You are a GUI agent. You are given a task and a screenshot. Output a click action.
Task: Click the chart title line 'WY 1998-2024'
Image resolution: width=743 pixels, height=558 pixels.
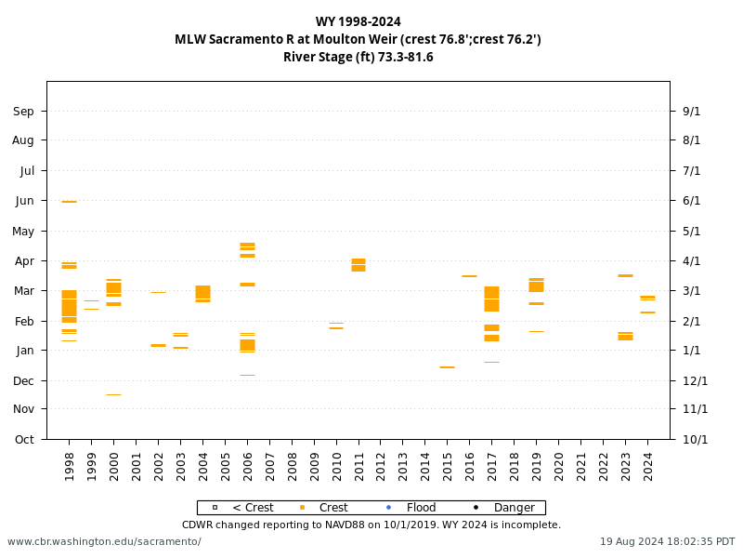pyautogui.click(x=358, y=21)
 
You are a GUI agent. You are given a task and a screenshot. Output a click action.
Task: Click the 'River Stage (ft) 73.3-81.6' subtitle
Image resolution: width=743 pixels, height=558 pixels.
pyautogui.click(x=358, y=57)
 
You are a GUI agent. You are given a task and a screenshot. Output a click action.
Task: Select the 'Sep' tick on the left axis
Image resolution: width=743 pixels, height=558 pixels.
pyautogui.click(x=24, y=112)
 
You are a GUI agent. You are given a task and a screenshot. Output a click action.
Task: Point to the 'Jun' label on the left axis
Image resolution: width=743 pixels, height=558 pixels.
pyautogui.click(x=24, y=201)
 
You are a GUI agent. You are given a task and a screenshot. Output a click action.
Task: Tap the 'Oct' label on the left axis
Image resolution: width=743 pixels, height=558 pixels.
pyautogui.click(x=24, y=439)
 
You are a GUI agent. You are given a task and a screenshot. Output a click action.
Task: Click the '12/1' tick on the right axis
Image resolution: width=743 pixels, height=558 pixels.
pyautogui.click(x=695, y=380)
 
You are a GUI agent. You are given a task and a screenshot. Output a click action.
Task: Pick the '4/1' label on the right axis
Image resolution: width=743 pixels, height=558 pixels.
pyautogui.click(x=692, y=261)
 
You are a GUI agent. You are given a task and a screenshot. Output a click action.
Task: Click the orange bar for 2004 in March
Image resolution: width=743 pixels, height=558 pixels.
pyautogui.click(x=202, y=293)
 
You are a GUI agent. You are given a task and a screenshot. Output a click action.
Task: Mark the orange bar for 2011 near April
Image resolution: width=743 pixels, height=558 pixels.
pyautogui.click(x=358, y=265)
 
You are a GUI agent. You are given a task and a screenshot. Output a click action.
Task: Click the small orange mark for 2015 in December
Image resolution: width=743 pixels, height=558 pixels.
pyautogui.click(x=447, y=367)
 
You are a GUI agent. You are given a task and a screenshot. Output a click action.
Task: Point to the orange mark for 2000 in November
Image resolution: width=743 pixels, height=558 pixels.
pyautogui.click(x=113, y=394)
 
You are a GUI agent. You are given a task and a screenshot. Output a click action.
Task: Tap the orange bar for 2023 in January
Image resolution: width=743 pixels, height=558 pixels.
pyautogui.click(x=625, y=337)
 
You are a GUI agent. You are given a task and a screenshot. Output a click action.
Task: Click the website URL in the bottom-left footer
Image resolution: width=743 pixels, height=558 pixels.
pyautogui.click(x=104, y=541)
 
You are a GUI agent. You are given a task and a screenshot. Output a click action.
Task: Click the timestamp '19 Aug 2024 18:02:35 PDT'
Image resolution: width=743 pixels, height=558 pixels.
pyautogui.click(x=667, y=541)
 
